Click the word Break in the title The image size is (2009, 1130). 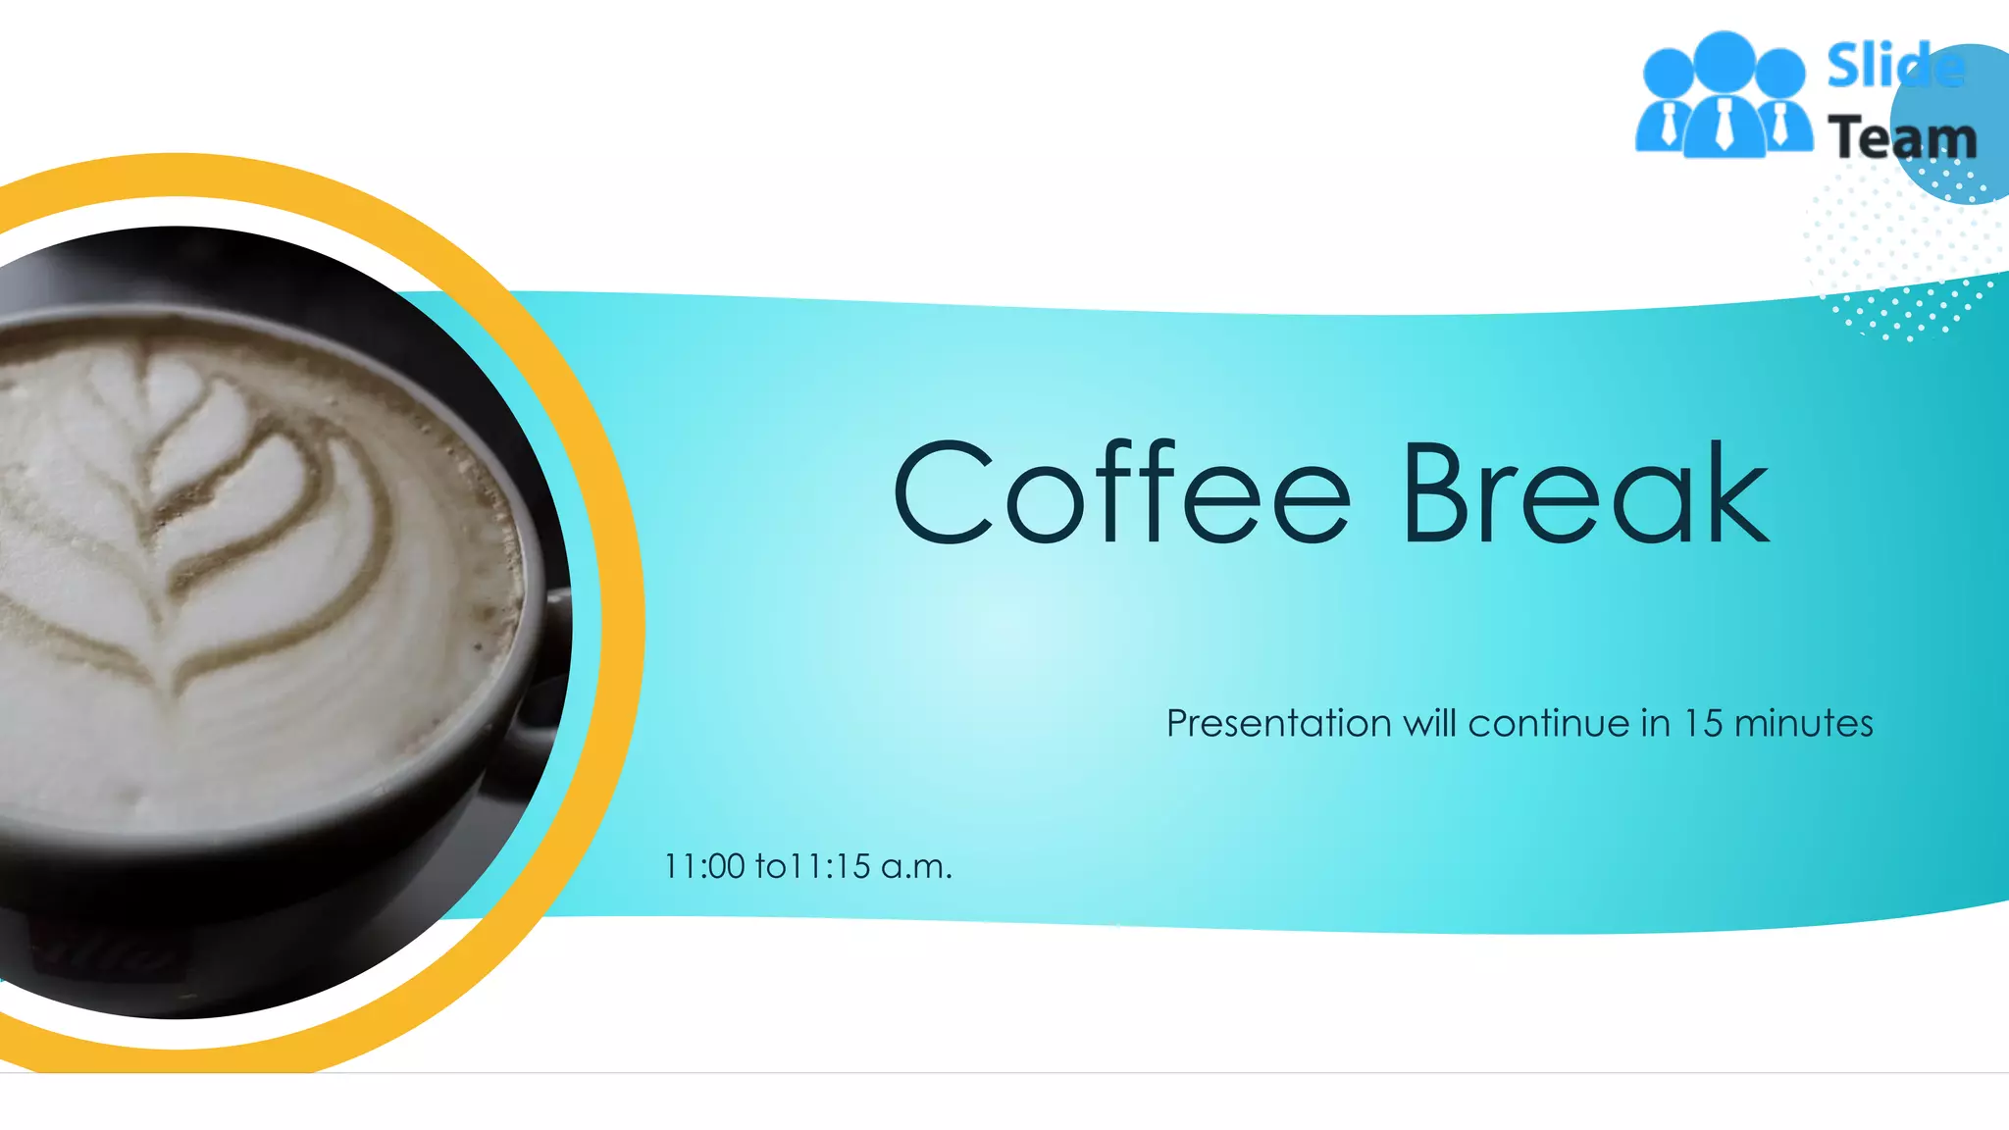pos(1585,492)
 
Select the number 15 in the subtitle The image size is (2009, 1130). pos(1703,724)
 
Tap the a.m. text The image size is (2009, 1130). pos(916,867)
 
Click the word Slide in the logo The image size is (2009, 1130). pos(1893,67)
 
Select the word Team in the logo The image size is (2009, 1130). pos(1901,137)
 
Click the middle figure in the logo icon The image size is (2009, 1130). pos(1724,98)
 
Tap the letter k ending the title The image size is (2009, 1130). pos(1736,492)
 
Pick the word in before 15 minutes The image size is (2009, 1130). pos(1655,724)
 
